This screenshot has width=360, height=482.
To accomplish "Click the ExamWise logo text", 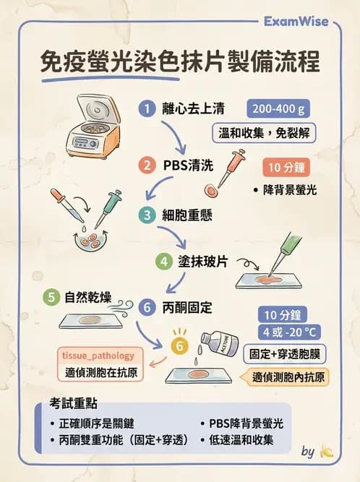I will (x=301, y=22).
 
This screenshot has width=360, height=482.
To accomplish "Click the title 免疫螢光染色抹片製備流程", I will (x=179, y=62).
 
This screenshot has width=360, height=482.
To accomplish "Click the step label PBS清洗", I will (x=187, y=165).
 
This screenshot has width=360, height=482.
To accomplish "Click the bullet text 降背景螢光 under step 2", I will (x=291, y=191).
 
